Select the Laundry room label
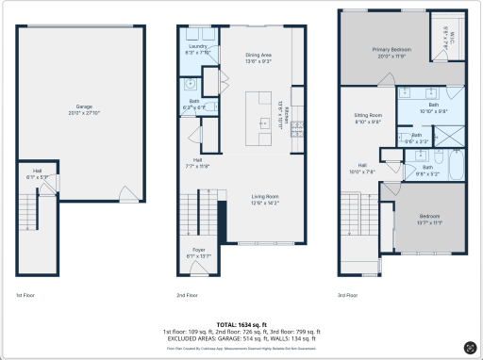click(198, 48)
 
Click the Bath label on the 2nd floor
click(194, 104)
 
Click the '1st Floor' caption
click(25, 295)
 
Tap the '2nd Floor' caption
click(188, 295)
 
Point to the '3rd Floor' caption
click(348, 295)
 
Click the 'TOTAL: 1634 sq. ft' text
click(241, 323)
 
